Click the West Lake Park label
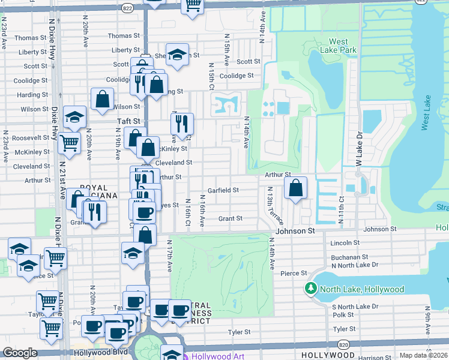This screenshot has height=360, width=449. (339, 46)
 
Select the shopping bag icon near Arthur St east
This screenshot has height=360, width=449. (296, 189)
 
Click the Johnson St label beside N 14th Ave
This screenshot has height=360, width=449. (295, 230)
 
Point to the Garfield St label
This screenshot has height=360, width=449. (223, 190)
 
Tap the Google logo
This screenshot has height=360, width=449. (20, 353)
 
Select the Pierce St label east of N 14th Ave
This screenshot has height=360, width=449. (294, 274)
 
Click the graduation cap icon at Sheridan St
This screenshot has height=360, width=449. (177, 55)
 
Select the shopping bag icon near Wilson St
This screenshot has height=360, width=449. (103, 100)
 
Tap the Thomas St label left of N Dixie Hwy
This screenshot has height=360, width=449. (27, 38)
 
